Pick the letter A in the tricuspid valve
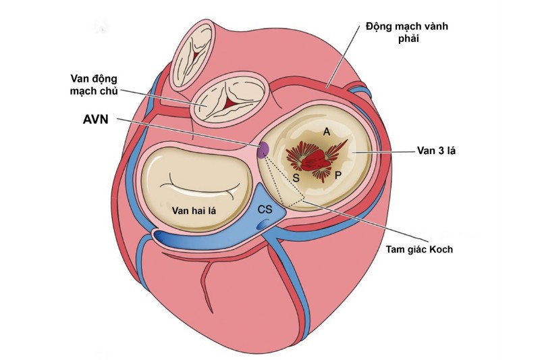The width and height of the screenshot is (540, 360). (x=326, y=134)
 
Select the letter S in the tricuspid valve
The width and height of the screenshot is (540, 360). (x=295, y=177)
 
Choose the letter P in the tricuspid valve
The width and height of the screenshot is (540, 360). (x=337, y=176)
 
